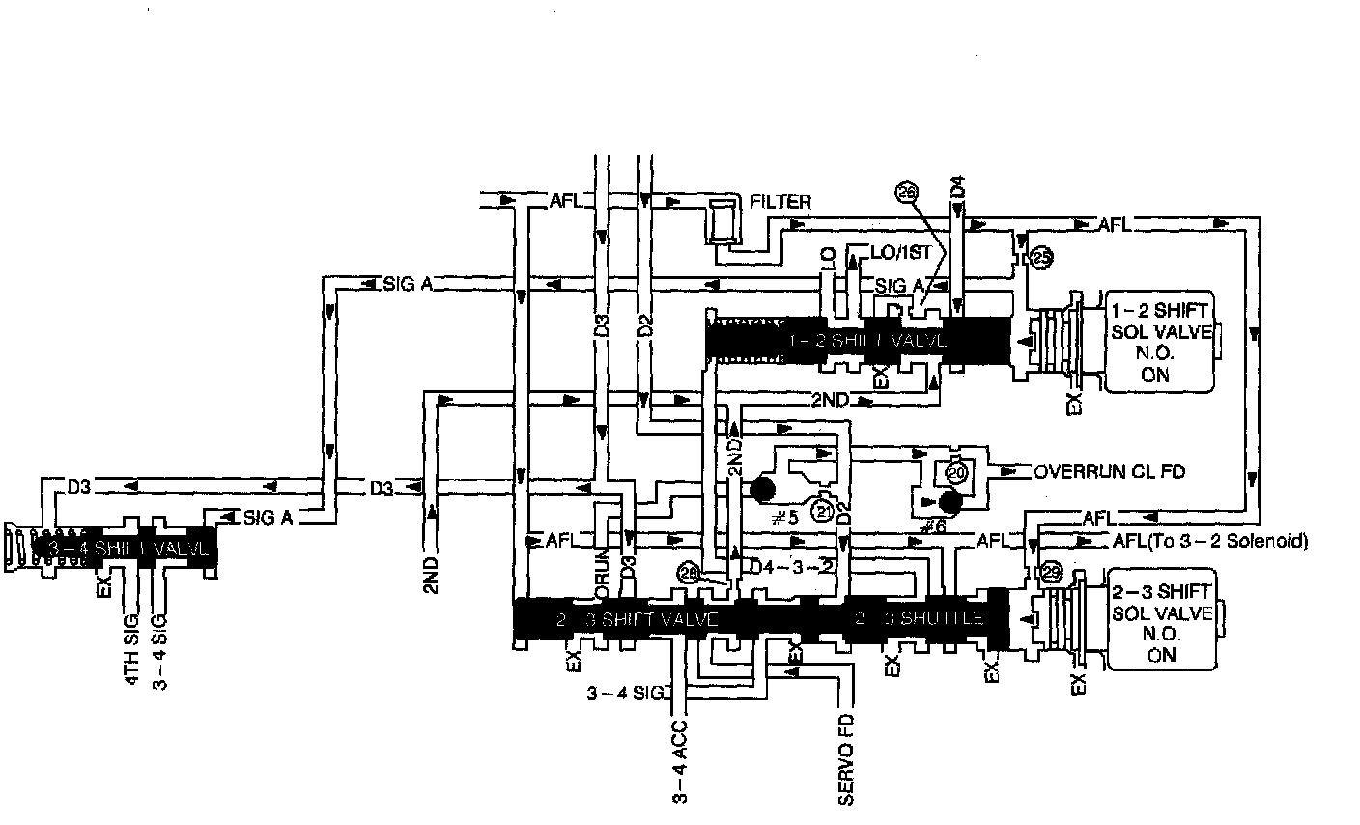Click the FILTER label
[780, 203]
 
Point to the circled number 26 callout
[906, 192]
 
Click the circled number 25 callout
[1041, 258]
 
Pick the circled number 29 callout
[1051, 574]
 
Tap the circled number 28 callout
[689, 574]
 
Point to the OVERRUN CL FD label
[1109, 472]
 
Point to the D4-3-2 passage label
[792, 566]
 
